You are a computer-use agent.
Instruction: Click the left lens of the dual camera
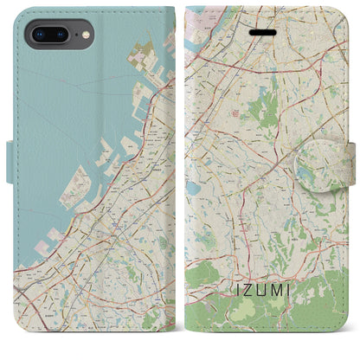[39, 35]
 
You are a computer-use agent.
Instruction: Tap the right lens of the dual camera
[61, 35]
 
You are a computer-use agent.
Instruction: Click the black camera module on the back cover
[50, 35]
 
